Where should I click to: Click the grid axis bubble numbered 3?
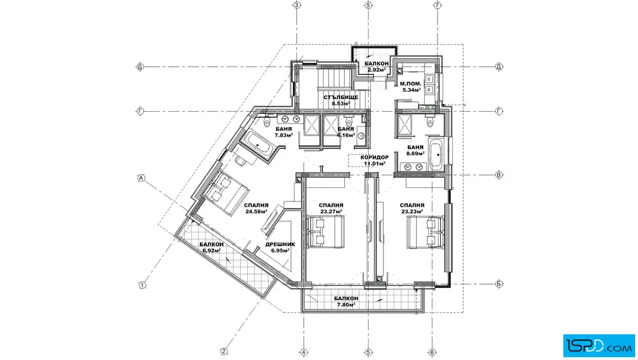297,5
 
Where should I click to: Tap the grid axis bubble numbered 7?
437,5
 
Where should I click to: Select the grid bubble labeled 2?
223,351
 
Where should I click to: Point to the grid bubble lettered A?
141,178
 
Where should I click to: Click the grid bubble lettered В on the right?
499,175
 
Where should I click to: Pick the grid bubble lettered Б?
499,284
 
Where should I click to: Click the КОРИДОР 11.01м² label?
374,160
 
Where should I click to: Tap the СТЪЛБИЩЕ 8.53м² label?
341,100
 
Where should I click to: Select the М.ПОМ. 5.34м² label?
411,87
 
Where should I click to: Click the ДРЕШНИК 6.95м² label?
280,247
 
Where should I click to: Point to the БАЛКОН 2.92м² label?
377,67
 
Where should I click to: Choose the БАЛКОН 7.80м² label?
346,301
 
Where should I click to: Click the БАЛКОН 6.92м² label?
211,247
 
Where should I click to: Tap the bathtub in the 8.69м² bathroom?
436,154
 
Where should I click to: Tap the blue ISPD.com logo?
599,346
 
